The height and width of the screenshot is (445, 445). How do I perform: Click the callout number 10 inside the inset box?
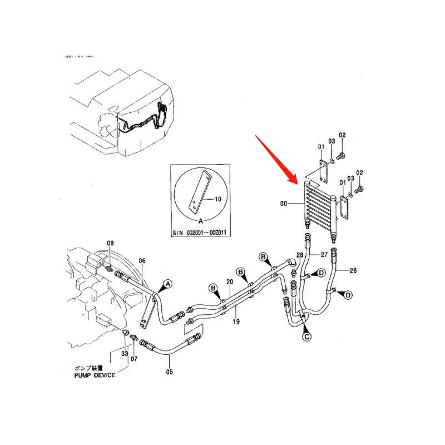click(x=217, y=199)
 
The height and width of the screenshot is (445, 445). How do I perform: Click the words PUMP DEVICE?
click(x=95, y=375)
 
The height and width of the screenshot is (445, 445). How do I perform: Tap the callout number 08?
click(x=110, y=243)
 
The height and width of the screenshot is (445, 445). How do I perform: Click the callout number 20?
click(x=230, y=283)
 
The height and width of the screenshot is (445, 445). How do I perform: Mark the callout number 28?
click(x=299, y=255)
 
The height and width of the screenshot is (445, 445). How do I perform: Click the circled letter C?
click(x=306, y=336)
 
